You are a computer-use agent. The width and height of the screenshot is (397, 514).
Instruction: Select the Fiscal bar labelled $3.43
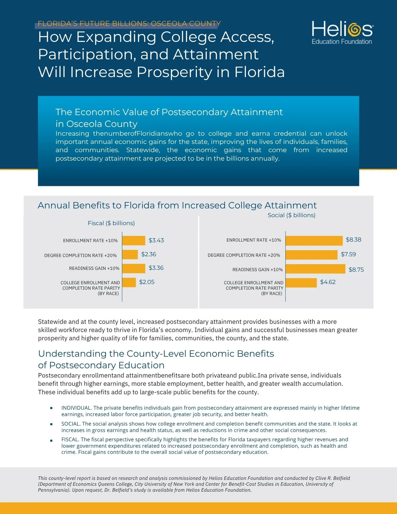pos(134,241)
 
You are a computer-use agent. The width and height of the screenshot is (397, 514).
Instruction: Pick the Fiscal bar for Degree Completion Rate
pos(130,254)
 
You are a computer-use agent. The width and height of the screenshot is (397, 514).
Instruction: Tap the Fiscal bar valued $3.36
pos(134,268)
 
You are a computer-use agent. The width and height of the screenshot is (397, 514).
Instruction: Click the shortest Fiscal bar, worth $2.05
pos(129,282)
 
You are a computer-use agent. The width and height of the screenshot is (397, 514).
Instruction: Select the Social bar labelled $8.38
pos(314,241)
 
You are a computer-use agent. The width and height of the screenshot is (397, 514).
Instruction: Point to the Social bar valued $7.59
pos(311,255)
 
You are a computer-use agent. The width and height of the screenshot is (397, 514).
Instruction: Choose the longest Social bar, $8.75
pos(316,269)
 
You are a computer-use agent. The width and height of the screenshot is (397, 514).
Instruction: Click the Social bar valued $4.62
pos(301,283)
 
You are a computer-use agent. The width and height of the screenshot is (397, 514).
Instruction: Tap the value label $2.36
pos(149,254)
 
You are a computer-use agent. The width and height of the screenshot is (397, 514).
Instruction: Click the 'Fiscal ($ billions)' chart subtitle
pos(111,223)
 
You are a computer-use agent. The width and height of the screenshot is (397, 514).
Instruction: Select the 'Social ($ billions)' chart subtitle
pos(291,215)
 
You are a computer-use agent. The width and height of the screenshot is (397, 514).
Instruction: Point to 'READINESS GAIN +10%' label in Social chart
pos(257,270)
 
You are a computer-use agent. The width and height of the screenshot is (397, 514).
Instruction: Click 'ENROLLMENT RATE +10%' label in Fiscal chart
pos(90,241)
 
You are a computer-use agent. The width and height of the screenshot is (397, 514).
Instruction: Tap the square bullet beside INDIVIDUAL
pos(51,408)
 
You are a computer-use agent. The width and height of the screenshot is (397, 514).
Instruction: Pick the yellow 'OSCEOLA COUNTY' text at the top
pos(186,24)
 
